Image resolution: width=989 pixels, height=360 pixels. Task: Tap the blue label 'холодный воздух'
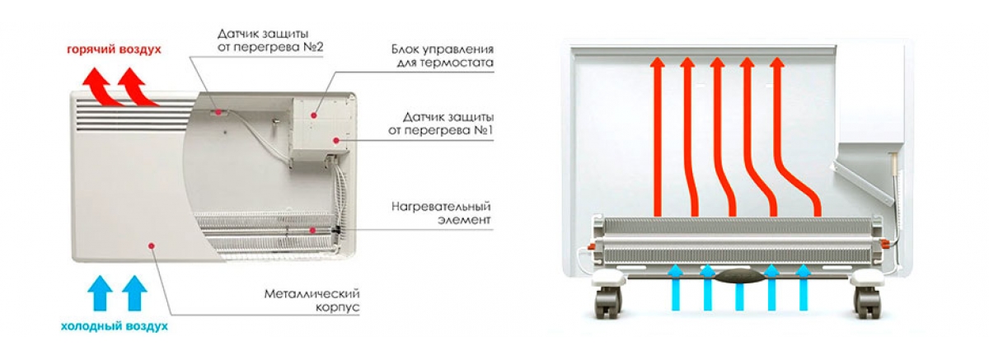pyautogui.click(x=115, y=326)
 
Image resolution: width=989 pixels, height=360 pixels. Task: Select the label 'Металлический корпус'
pyautogui.click(x=312, y=301)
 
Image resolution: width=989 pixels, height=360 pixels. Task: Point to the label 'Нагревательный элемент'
pyautogui.click(x=441, y=213)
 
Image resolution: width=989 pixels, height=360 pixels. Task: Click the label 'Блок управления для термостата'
pyautogui.click(x=443, y=55)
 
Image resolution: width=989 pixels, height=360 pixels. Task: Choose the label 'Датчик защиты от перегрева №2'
pyautogui.click(x=270, y=40)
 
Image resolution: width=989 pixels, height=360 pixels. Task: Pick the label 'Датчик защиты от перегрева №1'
pyautogui.click(x=441, y=124)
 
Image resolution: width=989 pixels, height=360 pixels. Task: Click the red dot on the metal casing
pyautogui.click(x=152, y=245)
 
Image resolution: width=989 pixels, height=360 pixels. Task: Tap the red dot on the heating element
pyautogui.click(x=312, y=231)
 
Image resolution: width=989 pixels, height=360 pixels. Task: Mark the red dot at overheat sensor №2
pyautogui.click(x=218, y=112)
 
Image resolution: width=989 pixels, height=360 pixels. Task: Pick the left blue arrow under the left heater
pyautogui.click(x=101, y=293)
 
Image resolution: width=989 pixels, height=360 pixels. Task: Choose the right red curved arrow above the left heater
pyautogui.click(x=138, y=87)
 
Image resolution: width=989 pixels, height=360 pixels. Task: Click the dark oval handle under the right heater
pyautogui.click(x=738, y=277)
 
